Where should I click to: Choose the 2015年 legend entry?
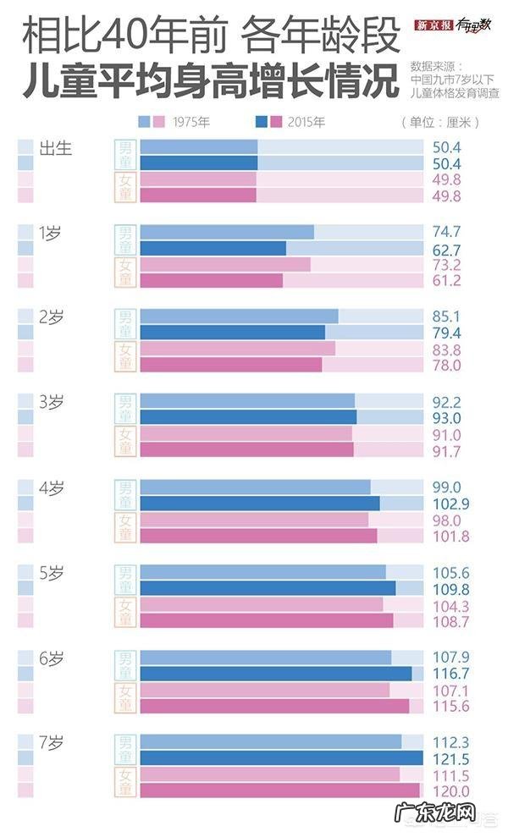pyautogui.click(x=306, y=122)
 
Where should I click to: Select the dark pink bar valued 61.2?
pyautogui.click(x=211, y=280)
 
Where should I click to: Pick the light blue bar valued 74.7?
pyautogui.click(x=227, y=232)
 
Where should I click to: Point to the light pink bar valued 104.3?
pyautogui.click(x=262, y=604)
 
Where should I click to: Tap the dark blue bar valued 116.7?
pyautogui.click(x=276, y=673)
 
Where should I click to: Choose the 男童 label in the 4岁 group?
pyautogui.click(x=125, y=495)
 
